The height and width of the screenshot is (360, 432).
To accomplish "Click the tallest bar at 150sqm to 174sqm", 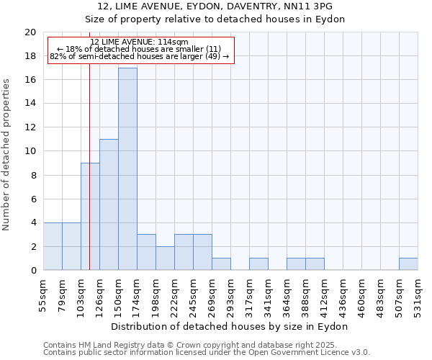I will (x=127, y=169).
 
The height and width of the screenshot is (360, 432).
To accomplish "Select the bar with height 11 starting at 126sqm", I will (x=109, y=204).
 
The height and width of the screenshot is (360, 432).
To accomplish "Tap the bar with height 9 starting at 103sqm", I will (x=90, y=217).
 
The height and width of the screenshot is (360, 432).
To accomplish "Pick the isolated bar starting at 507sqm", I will (x=408, y=264).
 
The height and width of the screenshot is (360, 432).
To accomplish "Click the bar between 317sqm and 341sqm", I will (x=258, y=264).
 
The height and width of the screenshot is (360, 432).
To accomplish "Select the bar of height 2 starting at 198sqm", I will (x=165, y=258).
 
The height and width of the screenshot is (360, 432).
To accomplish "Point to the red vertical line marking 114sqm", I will (x=89, y=180).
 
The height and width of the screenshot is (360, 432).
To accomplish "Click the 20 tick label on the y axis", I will (x=30, y=32).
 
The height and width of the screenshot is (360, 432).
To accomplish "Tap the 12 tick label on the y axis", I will (x=30, y=127).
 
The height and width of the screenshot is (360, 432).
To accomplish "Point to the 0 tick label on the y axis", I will (x=32, y=271).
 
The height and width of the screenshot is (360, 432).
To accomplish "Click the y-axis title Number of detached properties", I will (x=7, y=155).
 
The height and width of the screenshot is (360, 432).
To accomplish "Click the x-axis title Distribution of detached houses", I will (x=230, y=326).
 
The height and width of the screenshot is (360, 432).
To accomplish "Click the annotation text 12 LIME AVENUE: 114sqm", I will (x=140, y=42).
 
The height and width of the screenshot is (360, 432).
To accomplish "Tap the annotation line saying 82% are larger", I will (x=140, y=56).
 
